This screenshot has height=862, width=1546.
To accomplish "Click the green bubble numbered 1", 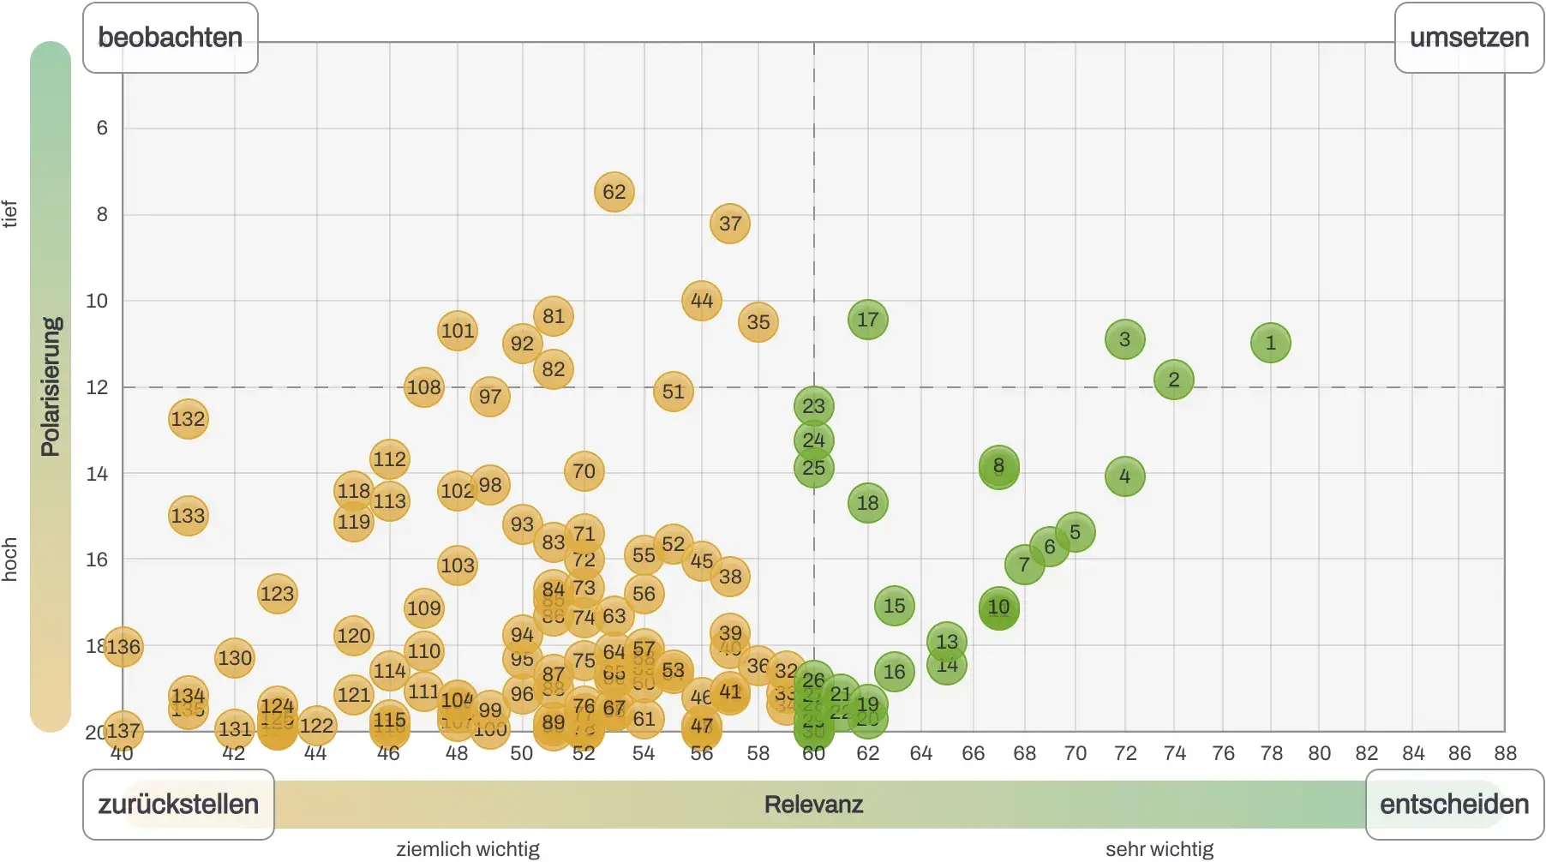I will point(1270,343).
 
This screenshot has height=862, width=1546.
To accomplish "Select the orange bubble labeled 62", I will point(614,192).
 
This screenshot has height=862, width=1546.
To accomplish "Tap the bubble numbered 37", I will point(730,224).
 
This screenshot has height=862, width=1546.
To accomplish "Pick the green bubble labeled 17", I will point(867,320).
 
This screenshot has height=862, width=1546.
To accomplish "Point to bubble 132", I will point(188,419).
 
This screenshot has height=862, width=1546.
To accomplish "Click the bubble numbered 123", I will point(277,594).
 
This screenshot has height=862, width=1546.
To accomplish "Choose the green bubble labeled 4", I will point(1124,476).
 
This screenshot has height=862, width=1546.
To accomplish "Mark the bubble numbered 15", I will point(894,606).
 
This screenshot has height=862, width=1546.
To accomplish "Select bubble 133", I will point(188,516).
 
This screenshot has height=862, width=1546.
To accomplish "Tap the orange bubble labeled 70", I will point(584,471).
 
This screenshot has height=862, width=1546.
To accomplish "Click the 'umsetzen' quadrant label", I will point(1469,38).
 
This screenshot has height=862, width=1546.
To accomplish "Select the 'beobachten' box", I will point(170,38).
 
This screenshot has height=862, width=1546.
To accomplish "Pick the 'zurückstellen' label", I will point(178,805).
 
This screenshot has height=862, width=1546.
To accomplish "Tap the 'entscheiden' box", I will point(1453,805).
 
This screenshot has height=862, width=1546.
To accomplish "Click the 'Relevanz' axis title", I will point(813,805).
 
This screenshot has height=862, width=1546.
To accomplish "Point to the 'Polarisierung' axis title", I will point(51,386).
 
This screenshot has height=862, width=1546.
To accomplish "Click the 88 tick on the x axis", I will point(1505,753).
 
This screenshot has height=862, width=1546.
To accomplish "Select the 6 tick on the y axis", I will point(102,129).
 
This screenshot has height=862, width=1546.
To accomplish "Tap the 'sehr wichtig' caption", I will point(1159,849).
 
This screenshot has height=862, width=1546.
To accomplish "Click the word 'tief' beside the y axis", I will point(10,213).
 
